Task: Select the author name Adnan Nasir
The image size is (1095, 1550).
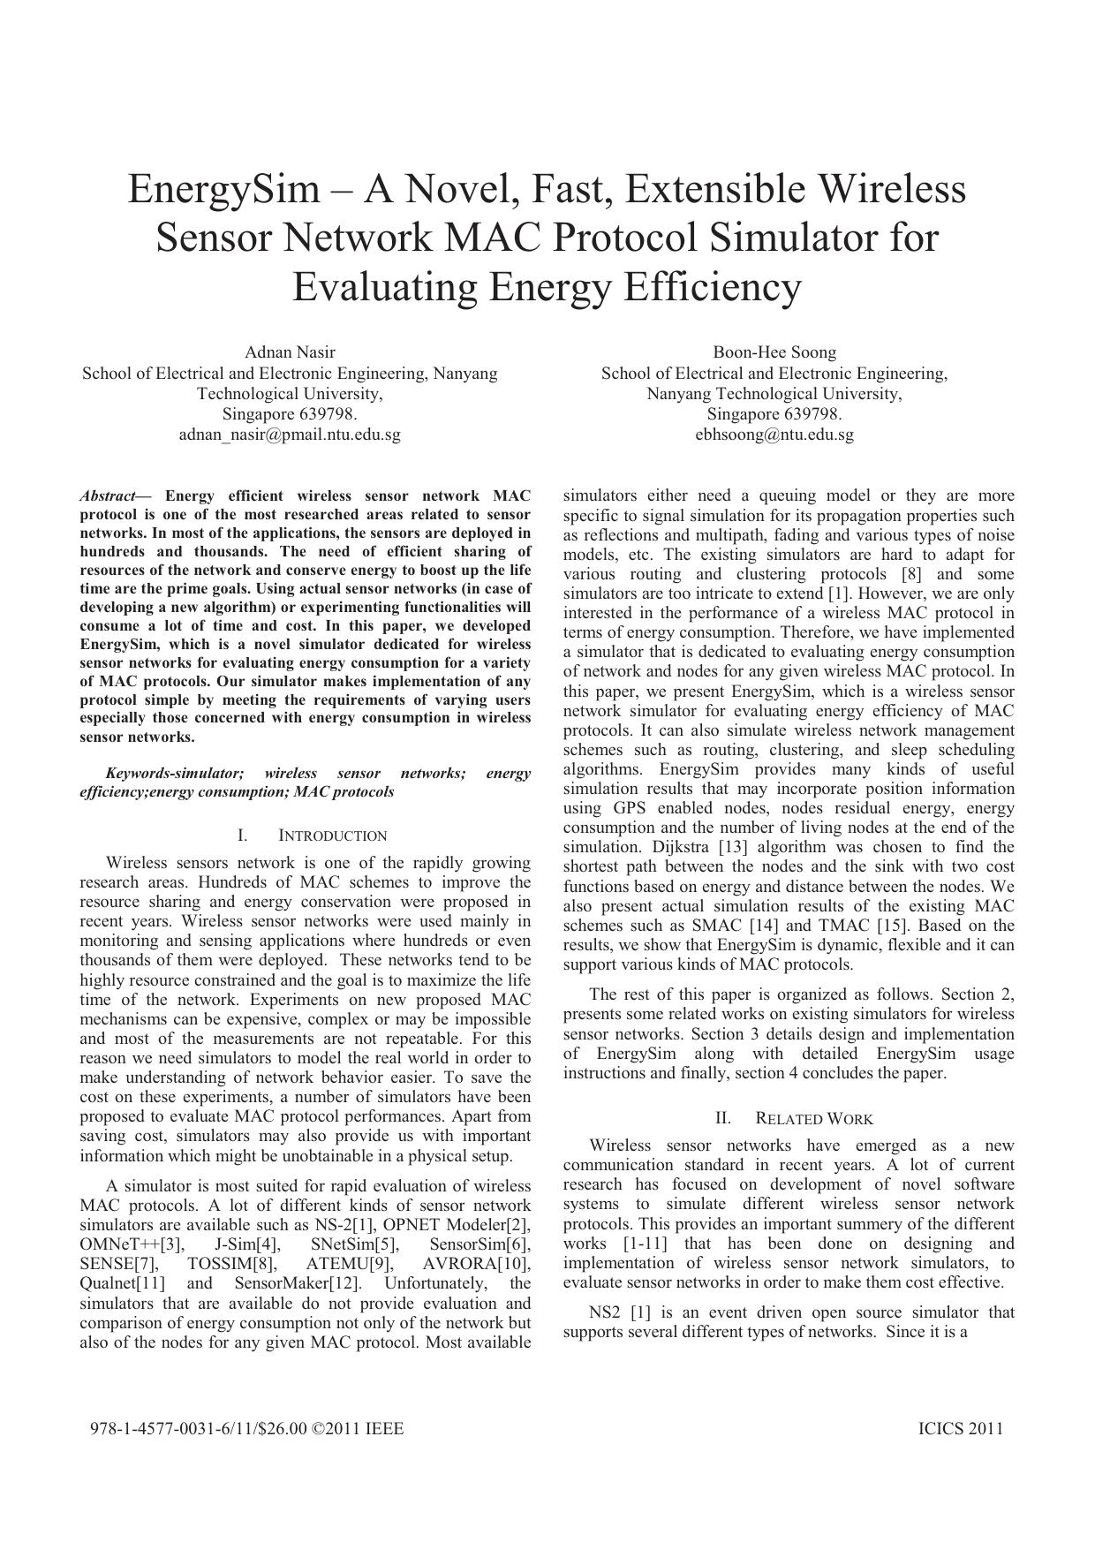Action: [290, 352]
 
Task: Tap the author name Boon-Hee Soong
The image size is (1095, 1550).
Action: [774, 352]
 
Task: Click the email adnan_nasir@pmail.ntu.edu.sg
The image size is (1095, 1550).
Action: [290, 435]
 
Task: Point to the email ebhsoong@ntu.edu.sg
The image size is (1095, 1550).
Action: [774, 435]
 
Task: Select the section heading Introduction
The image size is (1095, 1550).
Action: [332, 835]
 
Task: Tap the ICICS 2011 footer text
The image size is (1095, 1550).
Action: [961, 1429]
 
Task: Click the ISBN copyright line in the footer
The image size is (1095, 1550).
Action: [246, 1429]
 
